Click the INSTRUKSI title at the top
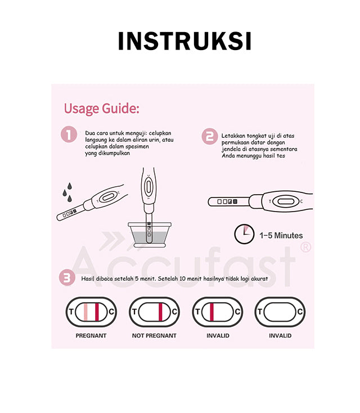pyautogui.click(x=184, y=41)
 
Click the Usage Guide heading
pyautogui.click(x=102, y=108)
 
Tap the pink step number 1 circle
pyautogui.click(x=69, y=134)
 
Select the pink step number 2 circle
pyautogui.click(x=210, y=136)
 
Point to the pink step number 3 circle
pyautogui.click(x=67, y=277)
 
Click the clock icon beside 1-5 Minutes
pyautogui.click(x=244, y=234)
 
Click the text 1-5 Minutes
pyautogui.click(x=281, y=235)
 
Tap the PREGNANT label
pyautogui.click(x=91, y=335)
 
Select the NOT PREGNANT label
pyautogui.click(x=154, y=335)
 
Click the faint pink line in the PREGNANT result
pyautogui.click(x=85, y=312)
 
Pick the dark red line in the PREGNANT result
pyautogui.click(x=97, y=312)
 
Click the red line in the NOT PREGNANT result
pyautogui.click(x=160, y=312)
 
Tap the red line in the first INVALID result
pyautogui.click(x=211, y=312)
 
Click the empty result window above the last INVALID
pyautogui.click(x=280, y=312)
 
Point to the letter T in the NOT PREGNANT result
pyautogui.click(x=134, y=312)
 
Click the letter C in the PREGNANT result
pyautogui.click(x=111, y=312)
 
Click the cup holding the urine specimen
pyautogui.click(x=150, y=235)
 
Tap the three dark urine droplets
pyautogui.click(x=67, y=192)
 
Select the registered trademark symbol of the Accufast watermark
pyautogui.click(x=305, y=247)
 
